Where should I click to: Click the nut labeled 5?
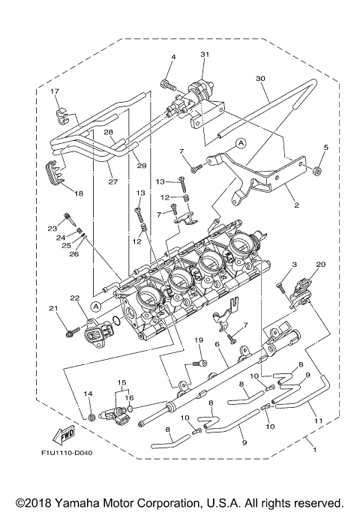317,172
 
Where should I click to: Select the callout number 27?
91,181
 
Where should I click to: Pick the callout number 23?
52,228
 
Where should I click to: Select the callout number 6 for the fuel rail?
217,344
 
